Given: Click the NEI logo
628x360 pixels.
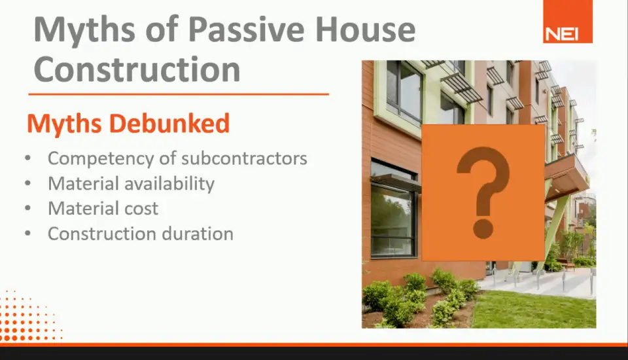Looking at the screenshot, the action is [x=568, y=22].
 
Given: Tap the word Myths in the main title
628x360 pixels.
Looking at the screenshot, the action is [x=84, y=29].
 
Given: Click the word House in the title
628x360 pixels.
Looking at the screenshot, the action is [x=366, y=29].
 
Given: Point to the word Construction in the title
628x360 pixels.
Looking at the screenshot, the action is [x=137, y=69].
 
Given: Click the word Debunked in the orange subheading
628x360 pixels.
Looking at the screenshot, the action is [x=169, y=123].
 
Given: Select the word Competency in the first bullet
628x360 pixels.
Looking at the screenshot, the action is [x=101, y=159].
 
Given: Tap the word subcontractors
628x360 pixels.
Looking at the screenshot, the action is [x=244, y=158].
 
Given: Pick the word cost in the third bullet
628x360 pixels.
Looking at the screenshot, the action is [x=141, y=209].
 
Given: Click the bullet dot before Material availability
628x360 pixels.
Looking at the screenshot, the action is [x=27, y=184].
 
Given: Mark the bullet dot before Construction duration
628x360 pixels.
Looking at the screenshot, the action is [x=27, y=233].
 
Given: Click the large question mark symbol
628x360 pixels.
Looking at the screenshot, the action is [x=483, y=192].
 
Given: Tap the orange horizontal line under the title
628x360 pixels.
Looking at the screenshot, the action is [x=179, y=94].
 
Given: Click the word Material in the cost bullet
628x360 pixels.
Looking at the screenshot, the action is [x=83, y=209].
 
